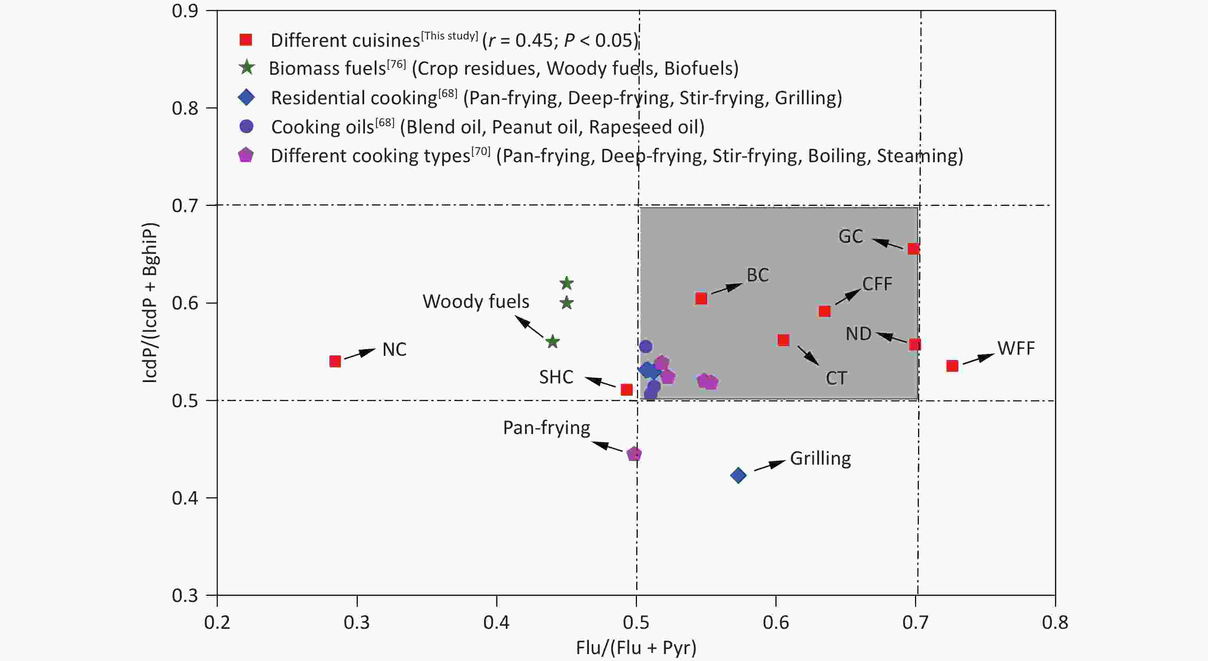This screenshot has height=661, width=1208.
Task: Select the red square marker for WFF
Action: pyautogui.click(x=952, y=366)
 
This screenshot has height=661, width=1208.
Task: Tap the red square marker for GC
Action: pyautogui.click(x=913, y=248)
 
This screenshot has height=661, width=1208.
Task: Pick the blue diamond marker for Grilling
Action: pyautogui.click(x=738, y=475)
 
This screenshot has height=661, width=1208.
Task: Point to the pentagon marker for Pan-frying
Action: pyautogui.click(x=634, y=454)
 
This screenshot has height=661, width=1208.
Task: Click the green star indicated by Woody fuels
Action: pyautogui.click(x=552, y=342)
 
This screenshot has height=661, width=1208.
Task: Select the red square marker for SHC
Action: pyautogui.click(x=627, y=390)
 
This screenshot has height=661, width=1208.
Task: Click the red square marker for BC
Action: pyautogui.click(x=701, y=299)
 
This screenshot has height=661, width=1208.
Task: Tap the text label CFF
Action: pyautogui.click(x=877, y=284)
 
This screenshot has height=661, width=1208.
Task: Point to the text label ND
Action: pyautogui.click(x=858, y=334)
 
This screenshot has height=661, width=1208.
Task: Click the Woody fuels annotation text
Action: pyautogui.click(x=476, y=301)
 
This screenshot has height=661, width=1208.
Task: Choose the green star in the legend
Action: pyautogui.click(x=247, y=68)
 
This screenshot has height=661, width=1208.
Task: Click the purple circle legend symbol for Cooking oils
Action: pyautogui.click(x=246, y=126)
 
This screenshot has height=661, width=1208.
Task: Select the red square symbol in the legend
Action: pyautogui.click(x=246, y=40)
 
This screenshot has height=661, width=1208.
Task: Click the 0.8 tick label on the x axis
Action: pyautogui.click(x=1055, y=623)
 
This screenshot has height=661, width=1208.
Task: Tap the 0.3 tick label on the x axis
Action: pyautogui.click(x=357, y=623)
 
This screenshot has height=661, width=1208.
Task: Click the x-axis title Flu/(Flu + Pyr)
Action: pyautogui.click(x=636, y=648)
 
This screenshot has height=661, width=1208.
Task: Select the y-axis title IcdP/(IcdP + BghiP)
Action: pyautogui.click(x=150, y=303)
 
